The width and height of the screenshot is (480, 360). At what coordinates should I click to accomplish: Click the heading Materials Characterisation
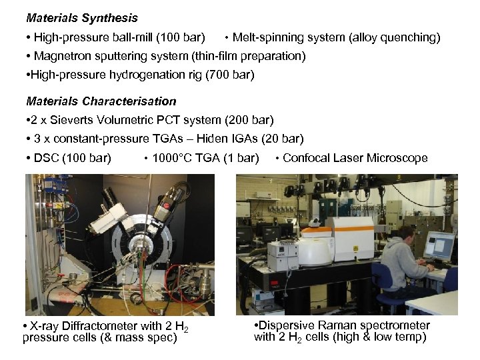pos(101,101)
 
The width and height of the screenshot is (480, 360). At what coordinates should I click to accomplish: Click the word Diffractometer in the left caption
pos(105,326)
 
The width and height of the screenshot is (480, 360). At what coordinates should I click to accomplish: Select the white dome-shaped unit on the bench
pos(315,251)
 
